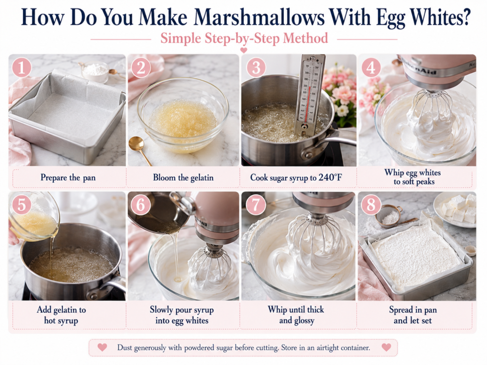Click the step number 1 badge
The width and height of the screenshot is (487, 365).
(21, 67)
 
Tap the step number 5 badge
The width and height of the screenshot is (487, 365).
(21, 204)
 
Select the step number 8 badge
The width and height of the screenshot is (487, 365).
(371, 204)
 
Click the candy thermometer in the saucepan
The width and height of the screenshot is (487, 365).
(309, 93)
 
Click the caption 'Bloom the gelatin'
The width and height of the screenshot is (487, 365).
(183, 178)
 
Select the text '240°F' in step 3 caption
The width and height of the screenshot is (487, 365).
(330, 178)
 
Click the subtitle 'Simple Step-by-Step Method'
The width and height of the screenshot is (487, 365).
(244, 38)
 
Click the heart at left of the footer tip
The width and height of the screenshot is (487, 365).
(102, 347)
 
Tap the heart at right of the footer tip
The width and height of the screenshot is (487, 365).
(386, 347)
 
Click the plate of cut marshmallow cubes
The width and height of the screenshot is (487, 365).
(455, 209)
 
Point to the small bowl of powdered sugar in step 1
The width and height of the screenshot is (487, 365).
(95, 72)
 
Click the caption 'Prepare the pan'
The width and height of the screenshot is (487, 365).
(68, 178)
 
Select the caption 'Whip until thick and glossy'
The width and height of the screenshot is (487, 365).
(296, 315)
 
